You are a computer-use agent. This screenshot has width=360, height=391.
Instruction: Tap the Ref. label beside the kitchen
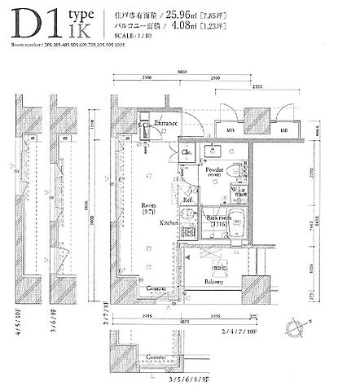pos(187,199)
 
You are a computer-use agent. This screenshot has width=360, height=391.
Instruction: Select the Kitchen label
pos(169,222)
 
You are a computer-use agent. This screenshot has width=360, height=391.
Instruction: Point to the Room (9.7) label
pos(148,209)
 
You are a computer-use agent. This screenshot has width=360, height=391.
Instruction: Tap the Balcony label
pos(214,282)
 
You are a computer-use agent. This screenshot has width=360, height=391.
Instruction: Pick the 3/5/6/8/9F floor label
pos(190,380)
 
